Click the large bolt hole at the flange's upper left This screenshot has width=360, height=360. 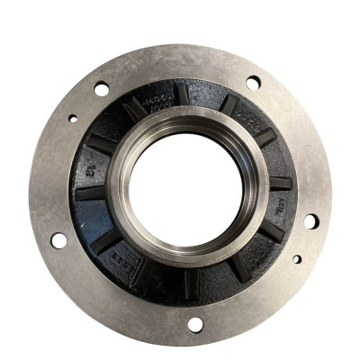(101, 89)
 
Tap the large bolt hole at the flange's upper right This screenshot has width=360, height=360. (254, 83)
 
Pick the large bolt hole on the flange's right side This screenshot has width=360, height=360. (310, 220)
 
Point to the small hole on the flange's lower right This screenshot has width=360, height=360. (297, 259)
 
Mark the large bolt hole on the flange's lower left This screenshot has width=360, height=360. (58, 240)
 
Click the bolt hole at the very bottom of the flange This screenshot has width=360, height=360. (195, 324)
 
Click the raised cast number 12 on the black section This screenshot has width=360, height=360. (92, 167)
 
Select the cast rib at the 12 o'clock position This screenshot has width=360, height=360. (184, 94)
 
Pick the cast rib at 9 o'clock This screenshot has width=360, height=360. (88, 192)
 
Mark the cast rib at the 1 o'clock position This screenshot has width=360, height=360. (230, 104)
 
